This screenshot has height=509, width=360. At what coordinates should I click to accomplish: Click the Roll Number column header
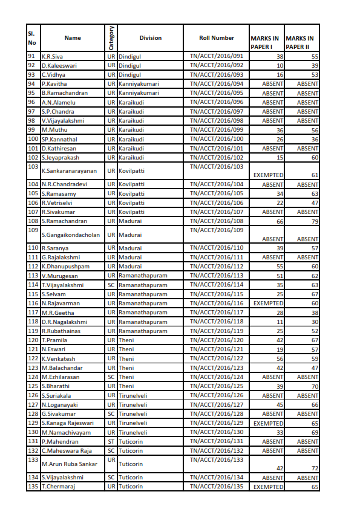pyautogui.click(x=216, y=38)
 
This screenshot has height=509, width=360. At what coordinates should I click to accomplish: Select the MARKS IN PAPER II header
pyautogui.click(x=302, y=42)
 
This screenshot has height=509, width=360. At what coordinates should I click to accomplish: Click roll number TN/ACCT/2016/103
pyautogui.click(x=216, y=166)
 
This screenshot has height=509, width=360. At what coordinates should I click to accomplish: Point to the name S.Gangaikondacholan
pyautogui.click(x=70, y=235)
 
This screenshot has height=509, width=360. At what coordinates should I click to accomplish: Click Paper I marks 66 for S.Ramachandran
pyautogui.click(x=280, y=221)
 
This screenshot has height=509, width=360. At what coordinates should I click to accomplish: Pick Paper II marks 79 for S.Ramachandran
pyautogui.click(x=315, y=221)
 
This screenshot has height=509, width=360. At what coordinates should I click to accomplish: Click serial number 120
pyautogui.click(x=33, y=340)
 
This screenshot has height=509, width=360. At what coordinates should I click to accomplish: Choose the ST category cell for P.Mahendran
pyautogui.click(x=111, y=441)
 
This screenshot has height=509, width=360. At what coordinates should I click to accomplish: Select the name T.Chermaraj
pyautogui.click(x=57, y=487)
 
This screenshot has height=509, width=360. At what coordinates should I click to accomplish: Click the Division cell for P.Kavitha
pyautogui.click(x=139, y=83)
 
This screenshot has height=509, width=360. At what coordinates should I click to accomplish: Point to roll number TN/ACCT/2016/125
pyautogui.click(x=216, y=386)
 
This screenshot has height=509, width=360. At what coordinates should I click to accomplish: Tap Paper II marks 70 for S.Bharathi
pyautogui.click(x=315, y=386)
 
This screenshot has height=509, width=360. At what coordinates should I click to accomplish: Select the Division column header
pyautogui.click(x=150, y=38)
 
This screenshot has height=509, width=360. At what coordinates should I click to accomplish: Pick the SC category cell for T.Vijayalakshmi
pyautogui.click(x=111, y=285)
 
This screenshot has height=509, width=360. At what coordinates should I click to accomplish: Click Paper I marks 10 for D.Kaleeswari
pyautogui.click(x=280, y=65)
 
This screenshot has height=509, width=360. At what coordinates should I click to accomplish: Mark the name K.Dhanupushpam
pyautogui.click(x=65, y=266)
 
